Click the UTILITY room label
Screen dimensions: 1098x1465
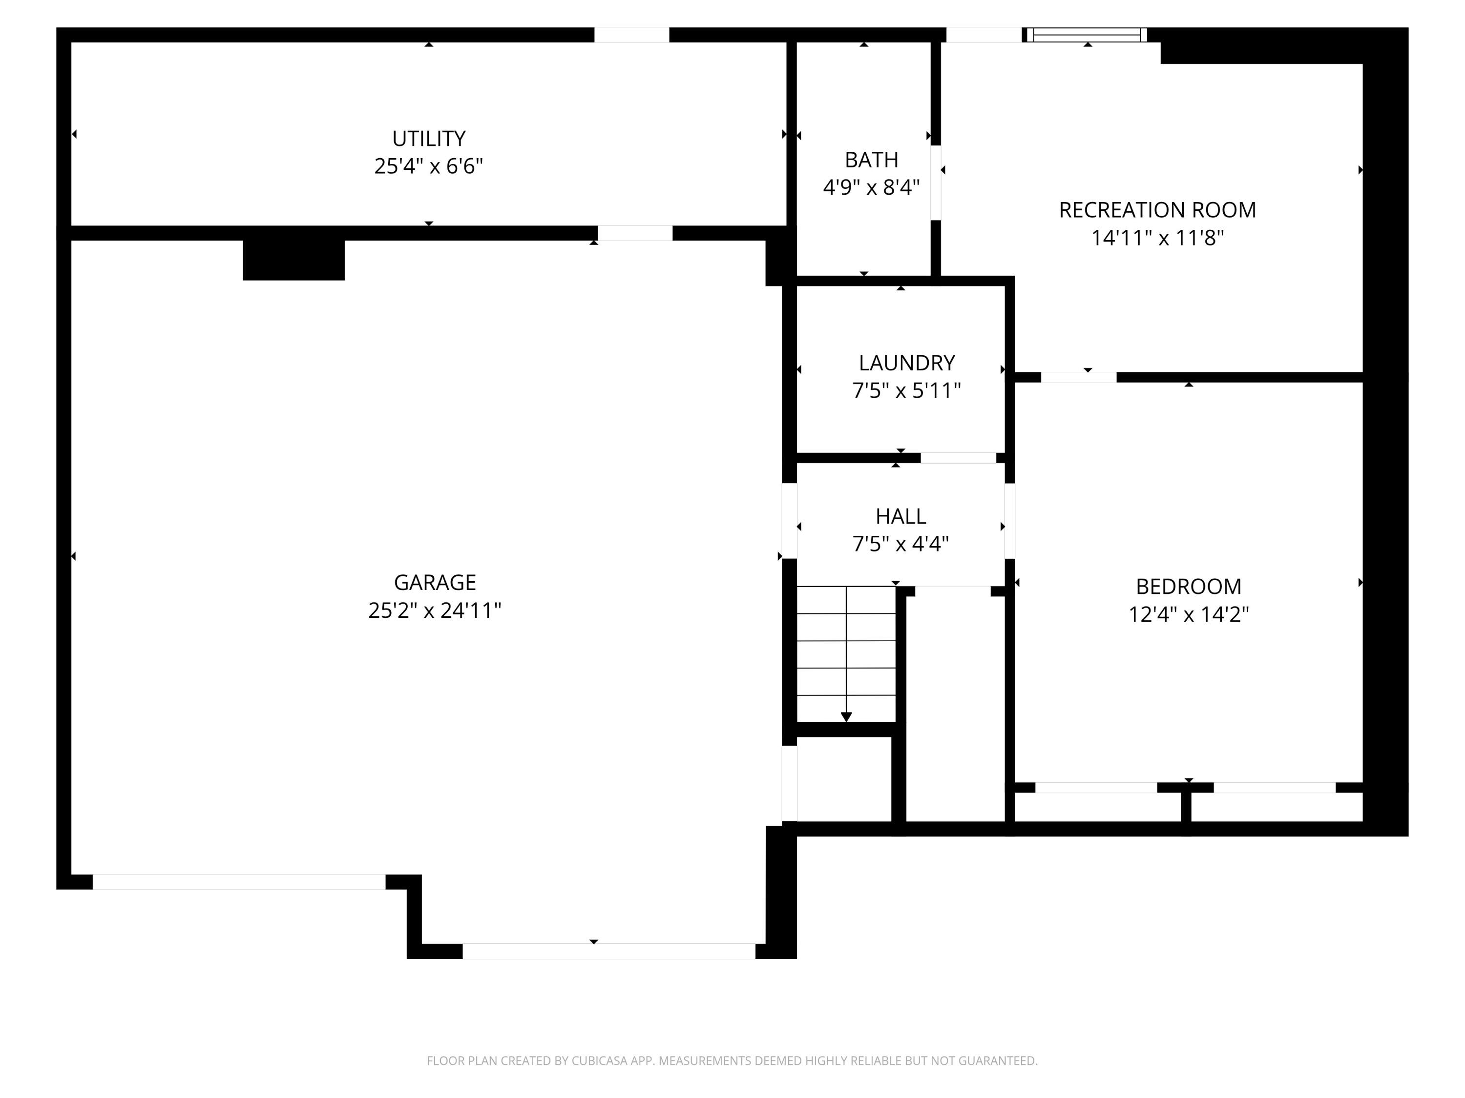pos(428,138)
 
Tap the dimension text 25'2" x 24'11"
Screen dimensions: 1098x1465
pos(435,610)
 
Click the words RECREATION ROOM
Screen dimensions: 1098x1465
pos(1157,210)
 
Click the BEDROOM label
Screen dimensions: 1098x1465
pos(1188,587)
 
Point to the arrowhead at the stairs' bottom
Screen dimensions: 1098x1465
pos(846,717)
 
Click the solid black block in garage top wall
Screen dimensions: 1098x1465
pos(293,260)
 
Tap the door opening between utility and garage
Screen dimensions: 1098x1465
pos(634,233)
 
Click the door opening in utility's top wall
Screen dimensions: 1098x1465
pos(631,35)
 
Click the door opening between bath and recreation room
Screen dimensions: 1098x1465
pos(935,183)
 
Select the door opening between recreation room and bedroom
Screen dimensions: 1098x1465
pos(1078,377)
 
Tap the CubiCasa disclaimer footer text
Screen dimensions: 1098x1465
pos(732,1060)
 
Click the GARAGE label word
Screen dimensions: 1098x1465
pos(435,582)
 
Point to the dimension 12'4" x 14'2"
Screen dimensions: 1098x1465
pos(1188,615)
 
